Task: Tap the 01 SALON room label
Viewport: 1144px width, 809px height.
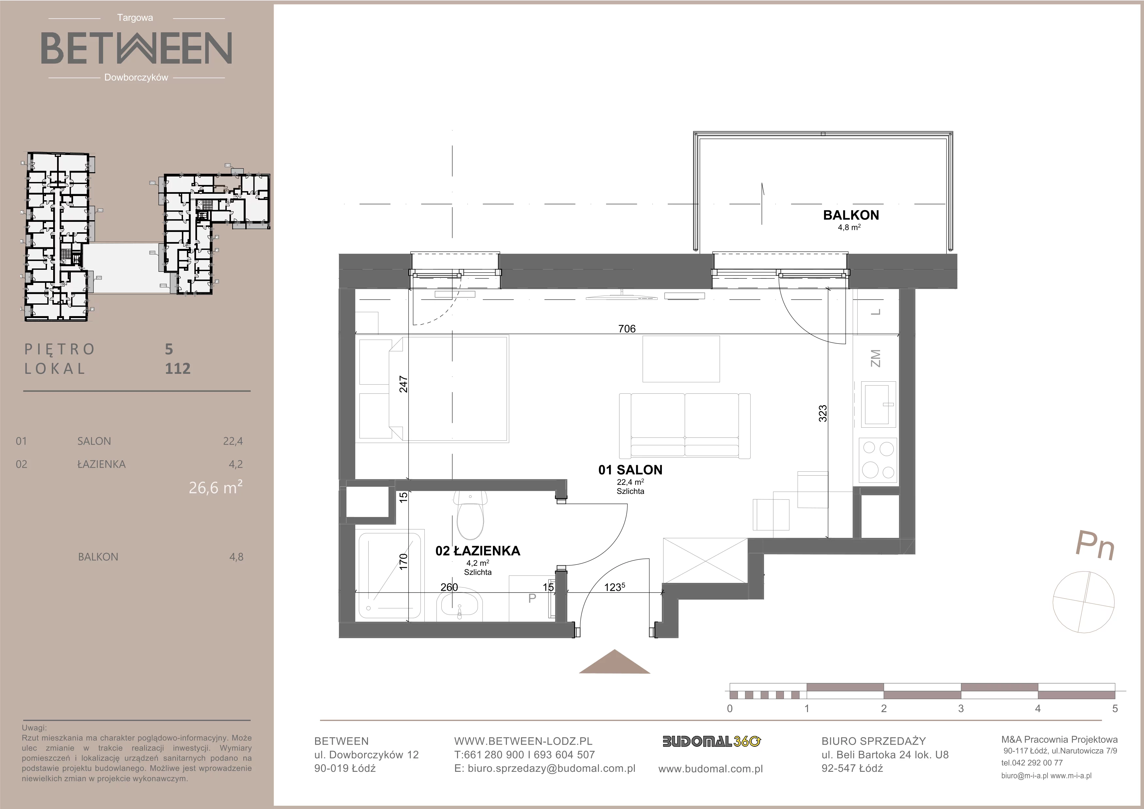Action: click(x=630, y=470)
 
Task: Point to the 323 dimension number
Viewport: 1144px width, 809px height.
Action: click(x=823, y=413)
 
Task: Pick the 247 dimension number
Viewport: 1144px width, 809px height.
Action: click(x=404, y=384)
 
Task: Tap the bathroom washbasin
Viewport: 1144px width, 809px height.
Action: click(x=459, y=607)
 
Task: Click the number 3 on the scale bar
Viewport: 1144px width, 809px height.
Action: click(x=961, y=709)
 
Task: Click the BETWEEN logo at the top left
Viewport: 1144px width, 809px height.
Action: click(x=136, y=48)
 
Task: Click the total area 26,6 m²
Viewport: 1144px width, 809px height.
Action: click(x=216, y=487)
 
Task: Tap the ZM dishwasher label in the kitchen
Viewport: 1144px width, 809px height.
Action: click(x=876, y=358)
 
